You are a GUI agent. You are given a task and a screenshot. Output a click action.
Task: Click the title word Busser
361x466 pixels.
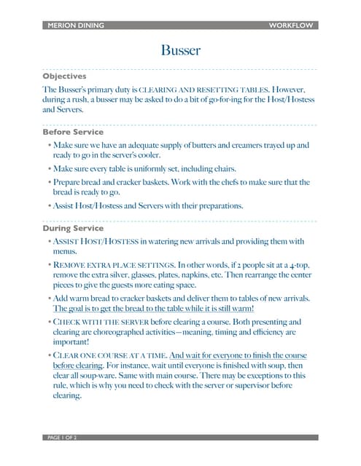coord(180,50)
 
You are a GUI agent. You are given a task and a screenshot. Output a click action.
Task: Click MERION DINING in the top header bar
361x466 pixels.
coord(75,25)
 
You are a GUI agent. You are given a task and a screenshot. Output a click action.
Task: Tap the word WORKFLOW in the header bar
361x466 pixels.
coord(291,25)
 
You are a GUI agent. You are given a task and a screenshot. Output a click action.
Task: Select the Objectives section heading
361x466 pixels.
coord(65,76)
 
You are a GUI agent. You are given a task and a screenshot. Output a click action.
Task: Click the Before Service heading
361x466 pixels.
coord(73,132)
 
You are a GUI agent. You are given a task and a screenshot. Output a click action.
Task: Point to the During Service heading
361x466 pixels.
coord(73,228)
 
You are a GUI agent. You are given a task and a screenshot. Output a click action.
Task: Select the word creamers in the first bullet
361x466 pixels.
coord(230,146)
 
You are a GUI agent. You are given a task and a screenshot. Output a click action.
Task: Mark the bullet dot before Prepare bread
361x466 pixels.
coord(49,183)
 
